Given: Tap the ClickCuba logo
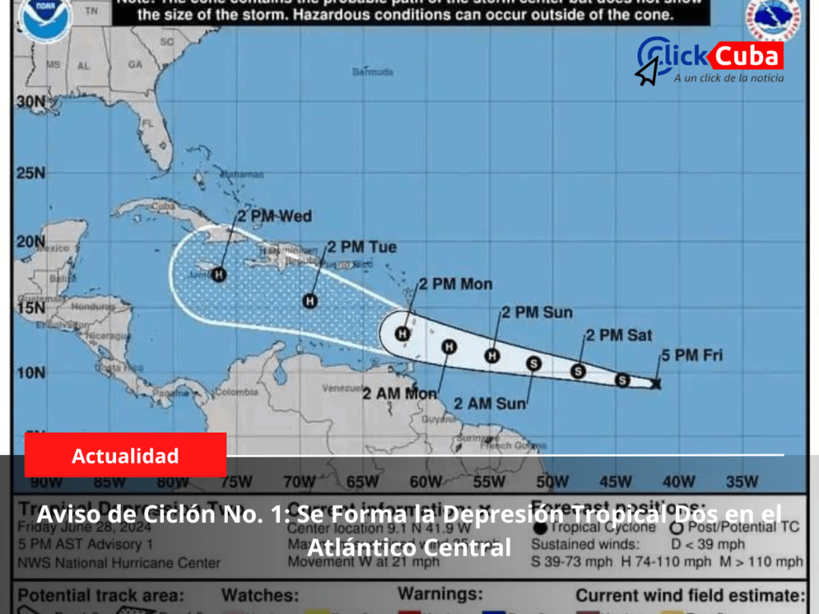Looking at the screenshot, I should [x=710, y=61].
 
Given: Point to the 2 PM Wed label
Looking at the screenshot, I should [x=274, y=216].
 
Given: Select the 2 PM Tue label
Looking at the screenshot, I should [x=362, y=247].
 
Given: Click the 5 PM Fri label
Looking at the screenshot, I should [x=692, y=355].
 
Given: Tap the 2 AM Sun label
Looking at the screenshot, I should [x=489, y=403].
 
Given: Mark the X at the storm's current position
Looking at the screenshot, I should [x=656, y=385].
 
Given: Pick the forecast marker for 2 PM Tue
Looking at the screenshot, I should [x=310, y=301].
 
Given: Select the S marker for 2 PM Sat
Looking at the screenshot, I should [x=577, y=371].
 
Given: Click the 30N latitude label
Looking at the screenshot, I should [x=30, y=102].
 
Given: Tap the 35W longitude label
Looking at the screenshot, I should [x=741, y=481].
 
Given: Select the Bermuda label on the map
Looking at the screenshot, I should [x=373, y=72].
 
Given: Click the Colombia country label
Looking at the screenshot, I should [x=236, y=392].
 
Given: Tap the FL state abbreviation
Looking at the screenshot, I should [x=146, y=123].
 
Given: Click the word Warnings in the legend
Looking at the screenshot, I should [x=441, y=595].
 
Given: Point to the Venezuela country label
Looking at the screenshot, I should [x=343, y=389].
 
